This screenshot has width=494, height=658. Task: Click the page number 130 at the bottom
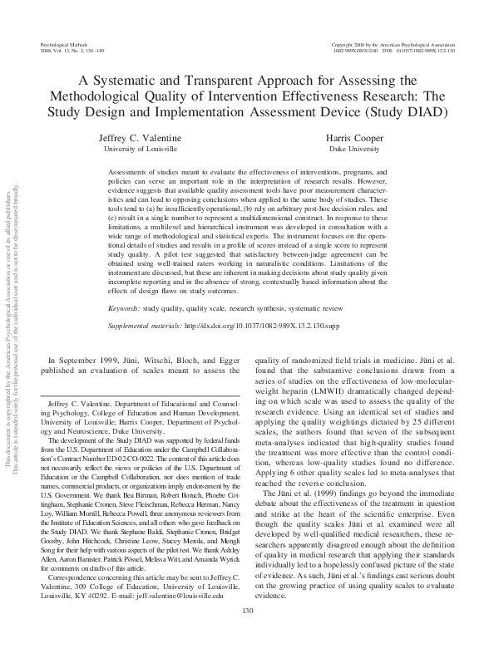click(x=247, y=635)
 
